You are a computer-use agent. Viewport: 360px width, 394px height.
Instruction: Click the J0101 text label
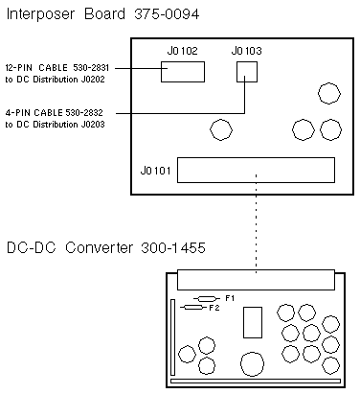point(156,171)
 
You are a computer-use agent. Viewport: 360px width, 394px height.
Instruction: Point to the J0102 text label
point(182,51)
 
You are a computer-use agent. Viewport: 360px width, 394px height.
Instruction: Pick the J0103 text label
point(246,51)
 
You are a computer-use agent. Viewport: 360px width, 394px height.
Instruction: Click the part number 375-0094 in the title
point(167,14)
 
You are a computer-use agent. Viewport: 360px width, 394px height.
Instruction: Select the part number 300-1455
point(173,247)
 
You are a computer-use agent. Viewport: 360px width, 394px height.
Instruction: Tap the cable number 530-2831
point(91,68)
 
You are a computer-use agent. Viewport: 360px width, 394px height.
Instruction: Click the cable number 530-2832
point(84,112)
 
